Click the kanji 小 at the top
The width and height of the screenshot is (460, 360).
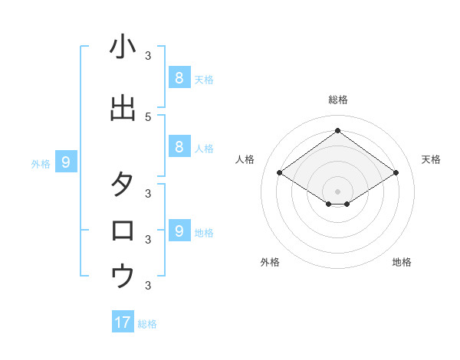[x=123, y=48]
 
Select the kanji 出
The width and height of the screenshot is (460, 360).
[x=123, y=108]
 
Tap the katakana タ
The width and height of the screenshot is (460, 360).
[x=123, y=185]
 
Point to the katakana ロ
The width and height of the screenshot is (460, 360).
[x=123, y=231]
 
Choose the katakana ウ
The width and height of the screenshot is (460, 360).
[x=123, y=276]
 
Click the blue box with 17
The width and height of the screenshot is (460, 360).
[x=123, y=322]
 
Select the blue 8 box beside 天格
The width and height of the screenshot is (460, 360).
[x=179, y=77]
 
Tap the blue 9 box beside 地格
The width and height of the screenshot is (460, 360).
[x=179, y=231]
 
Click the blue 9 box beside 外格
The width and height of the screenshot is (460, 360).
[x=66, y=162]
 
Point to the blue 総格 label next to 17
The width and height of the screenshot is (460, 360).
[x=147, y=324]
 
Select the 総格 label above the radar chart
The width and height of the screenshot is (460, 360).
[x=338, y=100]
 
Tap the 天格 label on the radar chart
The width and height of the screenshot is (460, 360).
[x=431, y=159]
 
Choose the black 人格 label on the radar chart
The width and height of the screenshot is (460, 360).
[x=245, y=159]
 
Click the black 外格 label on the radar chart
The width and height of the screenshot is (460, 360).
[x=270, y=262]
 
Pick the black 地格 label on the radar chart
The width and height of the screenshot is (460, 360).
[x=402, y=262]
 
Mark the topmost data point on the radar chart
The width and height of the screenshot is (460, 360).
[x=338, y=131]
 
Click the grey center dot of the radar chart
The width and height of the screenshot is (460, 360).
[x=338, y=191]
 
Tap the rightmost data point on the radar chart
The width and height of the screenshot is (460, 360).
[x=396, y=172]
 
